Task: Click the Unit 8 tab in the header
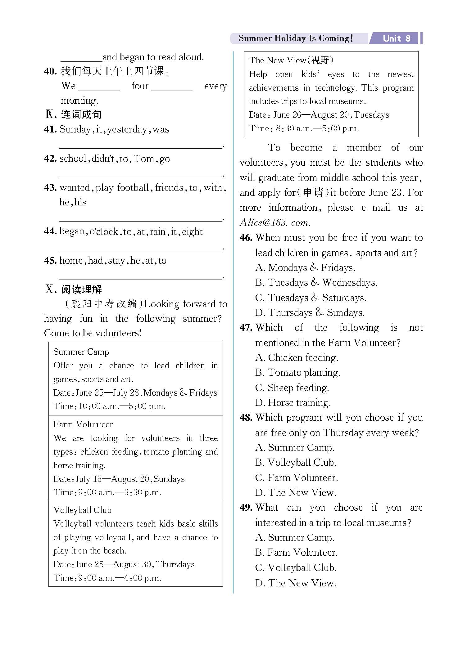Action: [x=396, y=38]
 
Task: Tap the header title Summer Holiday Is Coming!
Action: [x=296, y=38]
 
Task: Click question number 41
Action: [x=50, y=129]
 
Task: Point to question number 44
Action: [x=50, y=231]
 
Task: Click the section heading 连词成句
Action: [x=81, y=114]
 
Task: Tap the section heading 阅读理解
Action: [x=81, y=289]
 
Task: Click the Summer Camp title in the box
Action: [x=81, y=352]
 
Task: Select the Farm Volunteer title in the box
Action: [x=83, y=424]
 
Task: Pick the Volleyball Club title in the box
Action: [x=82, y=510]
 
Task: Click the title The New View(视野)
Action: [x=291, y=61]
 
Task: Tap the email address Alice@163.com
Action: [x=275, y=223]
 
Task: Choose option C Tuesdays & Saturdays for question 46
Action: [x=311, y=298]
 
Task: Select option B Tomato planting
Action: [x=298, y=373]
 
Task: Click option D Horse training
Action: [x=293, y=403]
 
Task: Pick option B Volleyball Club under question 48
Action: [x=296, y=463]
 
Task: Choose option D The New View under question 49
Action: [x=296, y=583]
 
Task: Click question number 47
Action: [x=246, y=328]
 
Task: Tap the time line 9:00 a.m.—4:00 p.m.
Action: [x=107, y=578]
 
